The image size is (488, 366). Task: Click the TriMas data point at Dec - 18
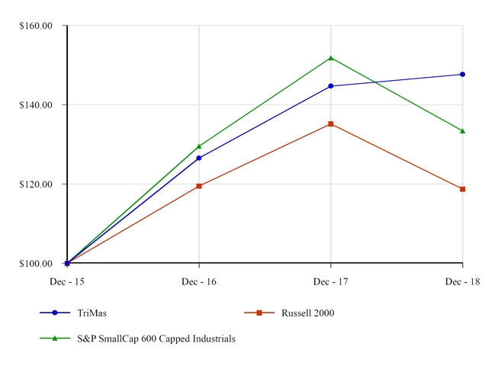[x=462, y=74]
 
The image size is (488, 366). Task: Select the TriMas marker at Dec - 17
[x=330, y=86]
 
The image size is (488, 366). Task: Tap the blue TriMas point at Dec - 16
[x=199, y=158]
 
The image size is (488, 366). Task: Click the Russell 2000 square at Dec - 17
[x=330, y=124]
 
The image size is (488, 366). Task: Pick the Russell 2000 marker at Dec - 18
[x=462, y=189]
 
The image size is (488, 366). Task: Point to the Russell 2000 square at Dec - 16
[x=199, y=186]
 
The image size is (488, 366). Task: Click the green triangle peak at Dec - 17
[x=330, y=58]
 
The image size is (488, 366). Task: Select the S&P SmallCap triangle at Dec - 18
[x=462, y=131]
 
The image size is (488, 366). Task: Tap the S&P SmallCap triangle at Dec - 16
[x=199, y=146]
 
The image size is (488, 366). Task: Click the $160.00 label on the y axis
[x=36, y=26]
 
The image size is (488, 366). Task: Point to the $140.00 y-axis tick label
[x=36, y=105]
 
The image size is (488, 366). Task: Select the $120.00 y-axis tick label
[x=36, y=185]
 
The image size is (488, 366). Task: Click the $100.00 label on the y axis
[x=36, y=264]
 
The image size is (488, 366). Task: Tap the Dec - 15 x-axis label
[x=67, y=281]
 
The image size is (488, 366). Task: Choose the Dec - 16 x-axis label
[x=199, y=281]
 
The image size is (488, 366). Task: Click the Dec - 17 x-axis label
[x=330, y=281]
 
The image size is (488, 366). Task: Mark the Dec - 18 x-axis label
[x=462, y=281]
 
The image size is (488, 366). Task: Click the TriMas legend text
[x=91, y=313]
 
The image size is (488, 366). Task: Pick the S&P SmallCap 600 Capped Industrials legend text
[x=156, y=339]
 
